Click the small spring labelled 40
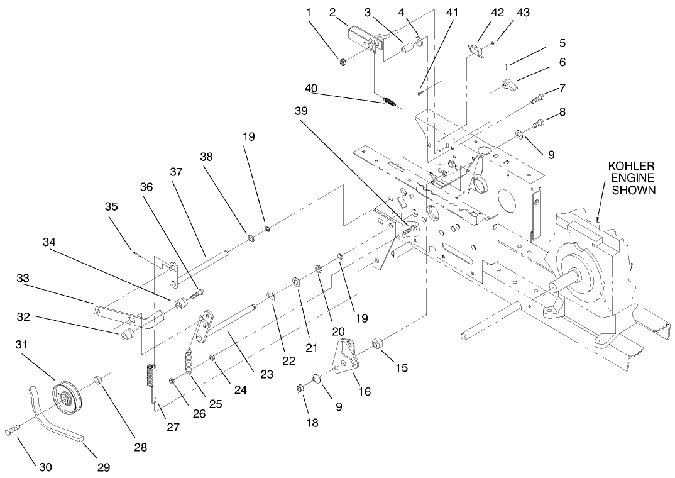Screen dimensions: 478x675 [390, 101]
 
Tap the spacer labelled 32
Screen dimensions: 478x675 [128, 333]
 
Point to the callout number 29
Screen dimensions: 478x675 [103, 467]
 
